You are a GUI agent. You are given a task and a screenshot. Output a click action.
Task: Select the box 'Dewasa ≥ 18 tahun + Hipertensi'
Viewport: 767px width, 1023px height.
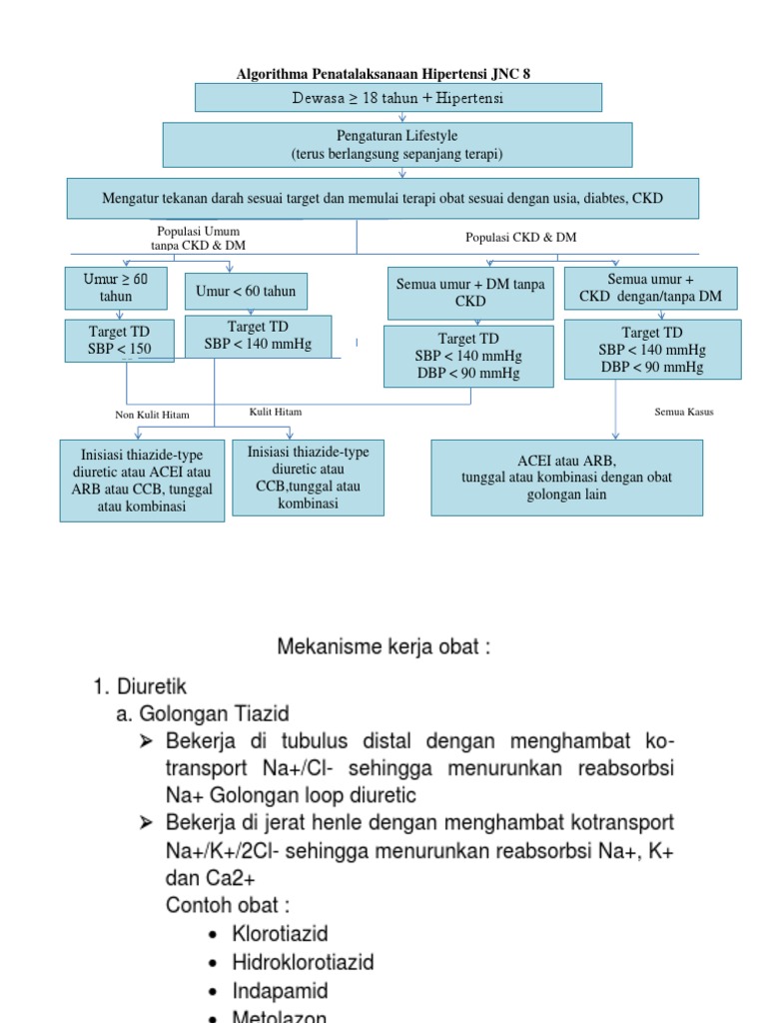pyautogui.click(x=397, y=97)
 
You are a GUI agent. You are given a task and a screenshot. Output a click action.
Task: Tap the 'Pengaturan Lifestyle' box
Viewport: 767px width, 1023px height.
pyautogui.click(x=397, y=144)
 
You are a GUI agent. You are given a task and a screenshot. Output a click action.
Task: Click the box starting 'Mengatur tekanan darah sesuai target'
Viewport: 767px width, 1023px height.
pyautogui.click(x=383, y=198)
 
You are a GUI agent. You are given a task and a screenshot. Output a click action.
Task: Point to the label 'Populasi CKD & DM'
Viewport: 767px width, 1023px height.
pyautogui.click(x=520, y=237)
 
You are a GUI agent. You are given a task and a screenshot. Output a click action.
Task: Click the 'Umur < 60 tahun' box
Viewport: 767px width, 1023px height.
pyautogui.click(x=246, y=291)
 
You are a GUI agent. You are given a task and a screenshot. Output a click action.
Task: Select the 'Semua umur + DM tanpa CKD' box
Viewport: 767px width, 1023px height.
pyautogui.click(x=470, y=293)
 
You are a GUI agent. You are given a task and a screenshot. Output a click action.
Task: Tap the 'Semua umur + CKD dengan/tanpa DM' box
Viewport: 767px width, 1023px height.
pyautogui.click(x=650, y=289)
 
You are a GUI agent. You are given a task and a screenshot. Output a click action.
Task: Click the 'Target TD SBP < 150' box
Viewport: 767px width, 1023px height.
pyautogui.click(x=118, y=341)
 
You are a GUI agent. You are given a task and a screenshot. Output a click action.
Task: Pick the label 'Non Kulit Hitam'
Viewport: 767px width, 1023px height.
pyautogui.click(x=152, y=415)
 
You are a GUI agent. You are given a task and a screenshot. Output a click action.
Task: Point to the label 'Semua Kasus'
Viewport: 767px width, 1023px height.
pyautogui.click(x=684, y=412)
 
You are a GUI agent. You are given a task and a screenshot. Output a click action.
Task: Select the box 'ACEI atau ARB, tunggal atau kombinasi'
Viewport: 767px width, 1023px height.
pyautogui.click(x=566, y=478)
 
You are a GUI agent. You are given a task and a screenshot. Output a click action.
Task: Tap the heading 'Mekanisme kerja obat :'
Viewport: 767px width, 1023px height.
pyautogui.click(x=383, y=647)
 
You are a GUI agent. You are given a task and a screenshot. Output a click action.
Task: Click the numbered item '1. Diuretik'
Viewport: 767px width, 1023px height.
pyautogui.click(x=139, y=686)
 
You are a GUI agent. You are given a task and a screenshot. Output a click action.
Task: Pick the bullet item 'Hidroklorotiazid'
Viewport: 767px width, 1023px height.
pyautogui.click(x=289, y=962)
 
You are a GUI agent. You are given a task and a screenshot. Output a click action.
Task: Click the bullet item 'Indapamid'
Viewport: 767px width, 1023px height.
pyautogui.click(x=265, y=991)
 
